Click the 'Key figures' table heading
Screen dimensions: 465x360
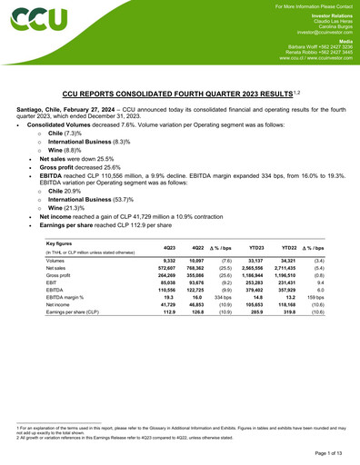[60, 243]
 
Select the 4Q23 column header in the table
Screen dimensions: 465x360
[168, 248]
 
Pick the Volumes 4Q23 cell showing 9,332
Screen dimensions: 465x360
[168, 261]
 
